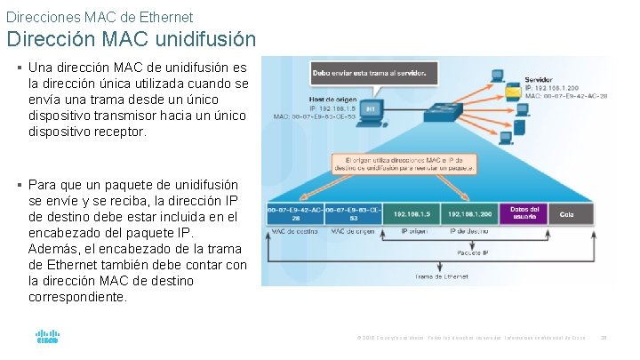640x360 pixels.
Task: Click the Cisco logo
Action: coord(47,337)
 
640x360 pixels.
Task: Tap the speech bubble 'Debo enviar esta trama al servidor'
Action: coord(374,70)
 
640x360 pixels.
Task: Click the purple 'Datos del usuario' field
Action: coord(524,213)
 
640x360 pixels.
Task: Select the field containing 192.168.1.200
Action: coord(469,213)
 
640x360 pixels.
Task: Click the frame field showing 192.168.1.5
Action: coord(412,213)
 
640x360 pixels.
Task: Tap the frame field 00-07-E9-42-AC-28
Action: coord(294,214)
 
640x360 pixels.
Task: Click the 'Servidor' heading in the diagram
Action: coord(539,80)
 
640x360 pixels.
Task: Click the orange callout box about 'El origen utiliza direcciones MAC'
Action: coord(404,163)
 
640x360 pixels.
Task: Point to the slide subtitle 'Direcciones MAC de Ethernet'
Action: coord(99,16)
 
